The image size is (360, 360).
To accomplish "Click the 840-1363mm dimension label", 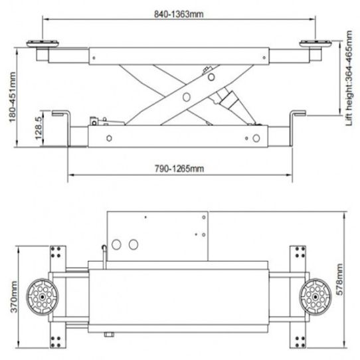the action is tap(179, 14).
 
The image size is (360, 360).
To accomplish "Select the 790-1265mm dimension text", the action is tap(179, 169).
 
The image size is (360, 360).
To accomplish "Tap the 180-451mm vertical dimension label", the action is tap(12, 97).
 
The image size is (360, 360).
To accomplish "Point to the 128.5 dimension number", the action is tap(39, 128).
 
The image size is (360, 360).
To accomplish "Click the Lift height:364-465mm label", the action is tap(349, 78).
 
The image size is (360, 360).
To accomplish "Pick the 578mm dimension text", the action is tap(339, 280).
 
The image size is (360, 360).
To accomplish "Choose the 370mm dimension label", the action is tap(13, 297).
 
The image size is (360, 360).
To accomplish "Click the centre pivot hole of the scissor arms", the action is tap(187, 97).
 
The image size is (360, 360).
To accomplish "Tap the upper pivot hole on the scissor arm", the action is tap(211, 77).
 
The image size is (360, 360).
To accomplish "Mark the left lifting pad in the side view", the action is tap(43, 44).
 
